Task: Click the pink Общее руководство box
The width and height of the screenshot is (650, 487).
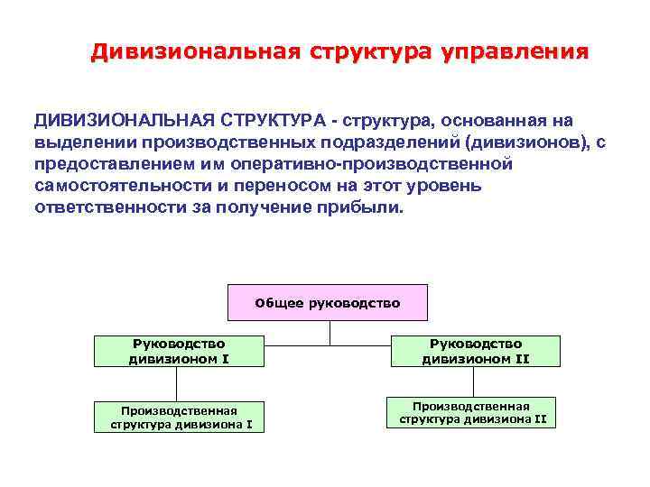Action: [327, 303]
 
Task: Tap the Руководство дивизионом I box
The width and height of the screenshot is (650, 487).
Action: [179, 351]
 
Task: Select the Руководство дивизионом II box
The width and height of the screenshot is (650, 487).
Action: [475, 351]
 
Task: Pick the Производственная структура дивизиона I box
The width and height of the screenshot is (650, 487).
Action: [180, 416]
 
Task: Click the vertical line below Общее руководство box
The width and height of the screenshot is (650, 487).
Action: [330, 333]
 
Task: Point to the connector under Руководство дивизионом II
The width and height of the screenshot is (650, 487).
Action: [475, 381]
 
